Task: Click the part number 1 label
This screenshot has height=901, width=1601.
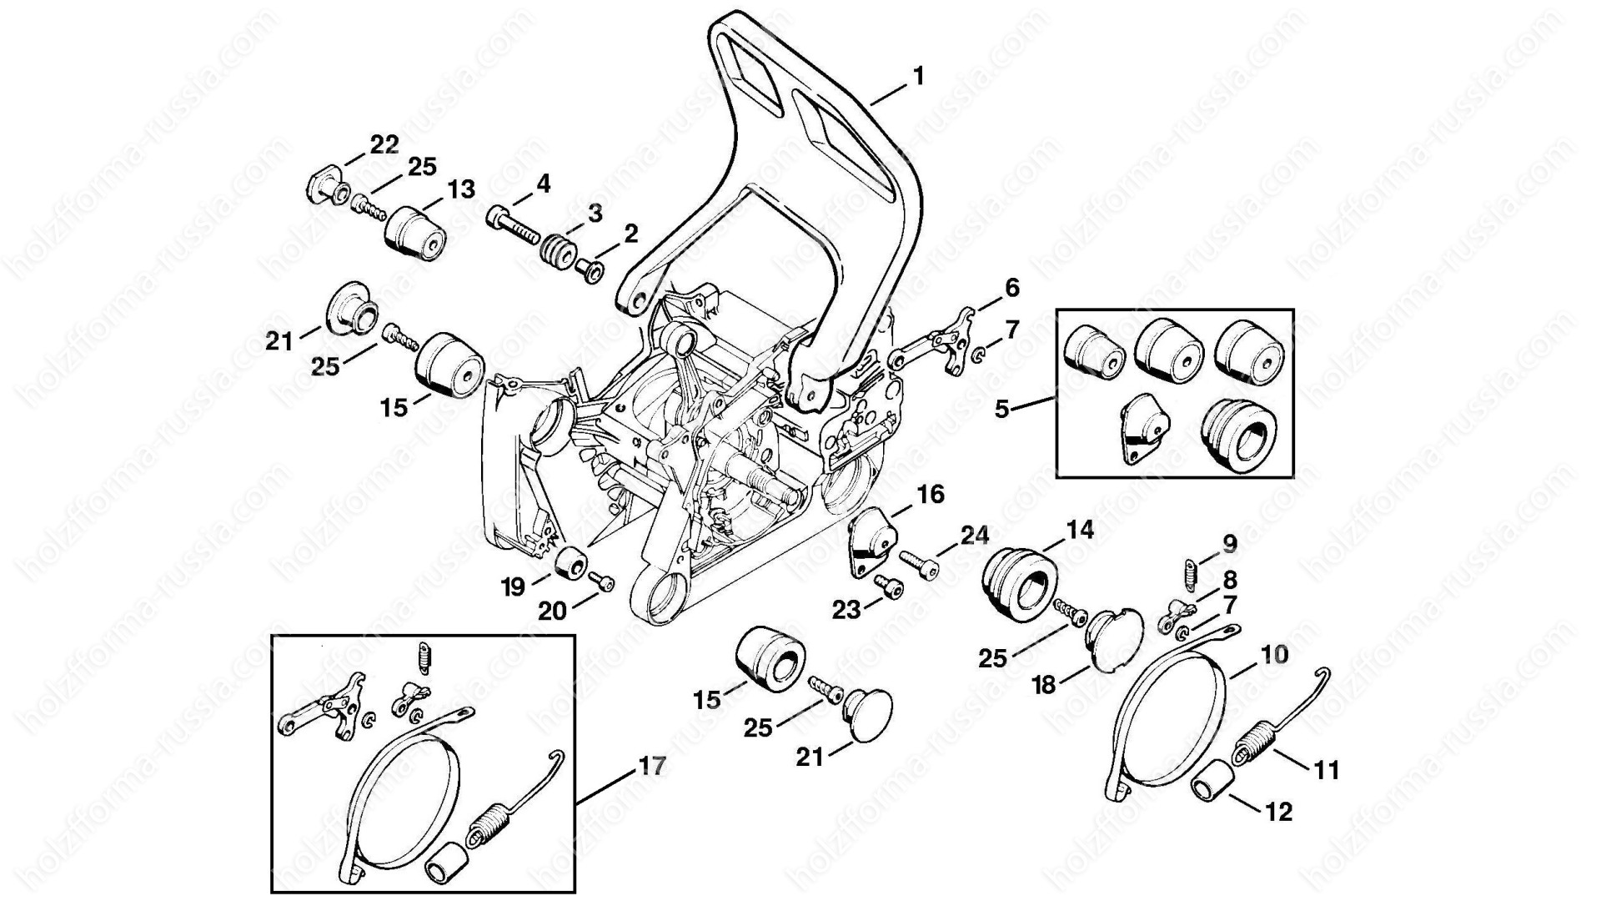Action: tap(918, 77)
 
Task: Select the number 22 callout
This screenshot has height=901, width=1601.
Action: tap(384, 144)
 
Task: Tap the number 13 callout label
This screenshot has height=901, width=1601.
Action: tap(460, 189)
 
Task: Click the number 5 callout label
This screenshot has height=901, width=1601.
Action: tap(1002, 409)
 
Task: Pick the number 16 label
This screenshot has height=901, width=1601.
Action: tap(931, 495)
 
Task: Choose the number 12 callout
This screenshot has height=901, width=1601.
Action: tap(1279, 812)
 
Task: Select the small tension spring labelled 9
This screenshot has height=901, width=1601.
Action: tap(1188, 574)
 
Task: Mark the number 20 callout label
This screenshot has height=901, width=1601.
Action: tap(552, 612)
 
